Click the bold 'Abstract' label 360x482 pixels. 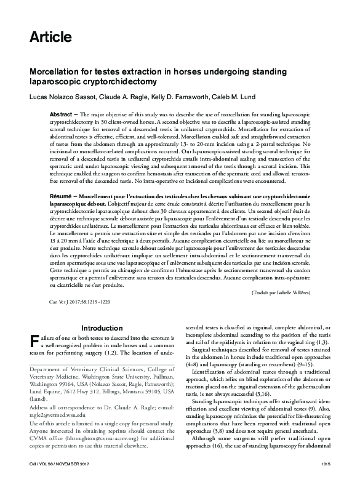62,115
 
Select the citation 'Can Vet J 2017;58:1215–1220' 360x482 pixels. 80,303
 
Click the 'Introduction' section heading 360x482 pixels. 102,328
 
